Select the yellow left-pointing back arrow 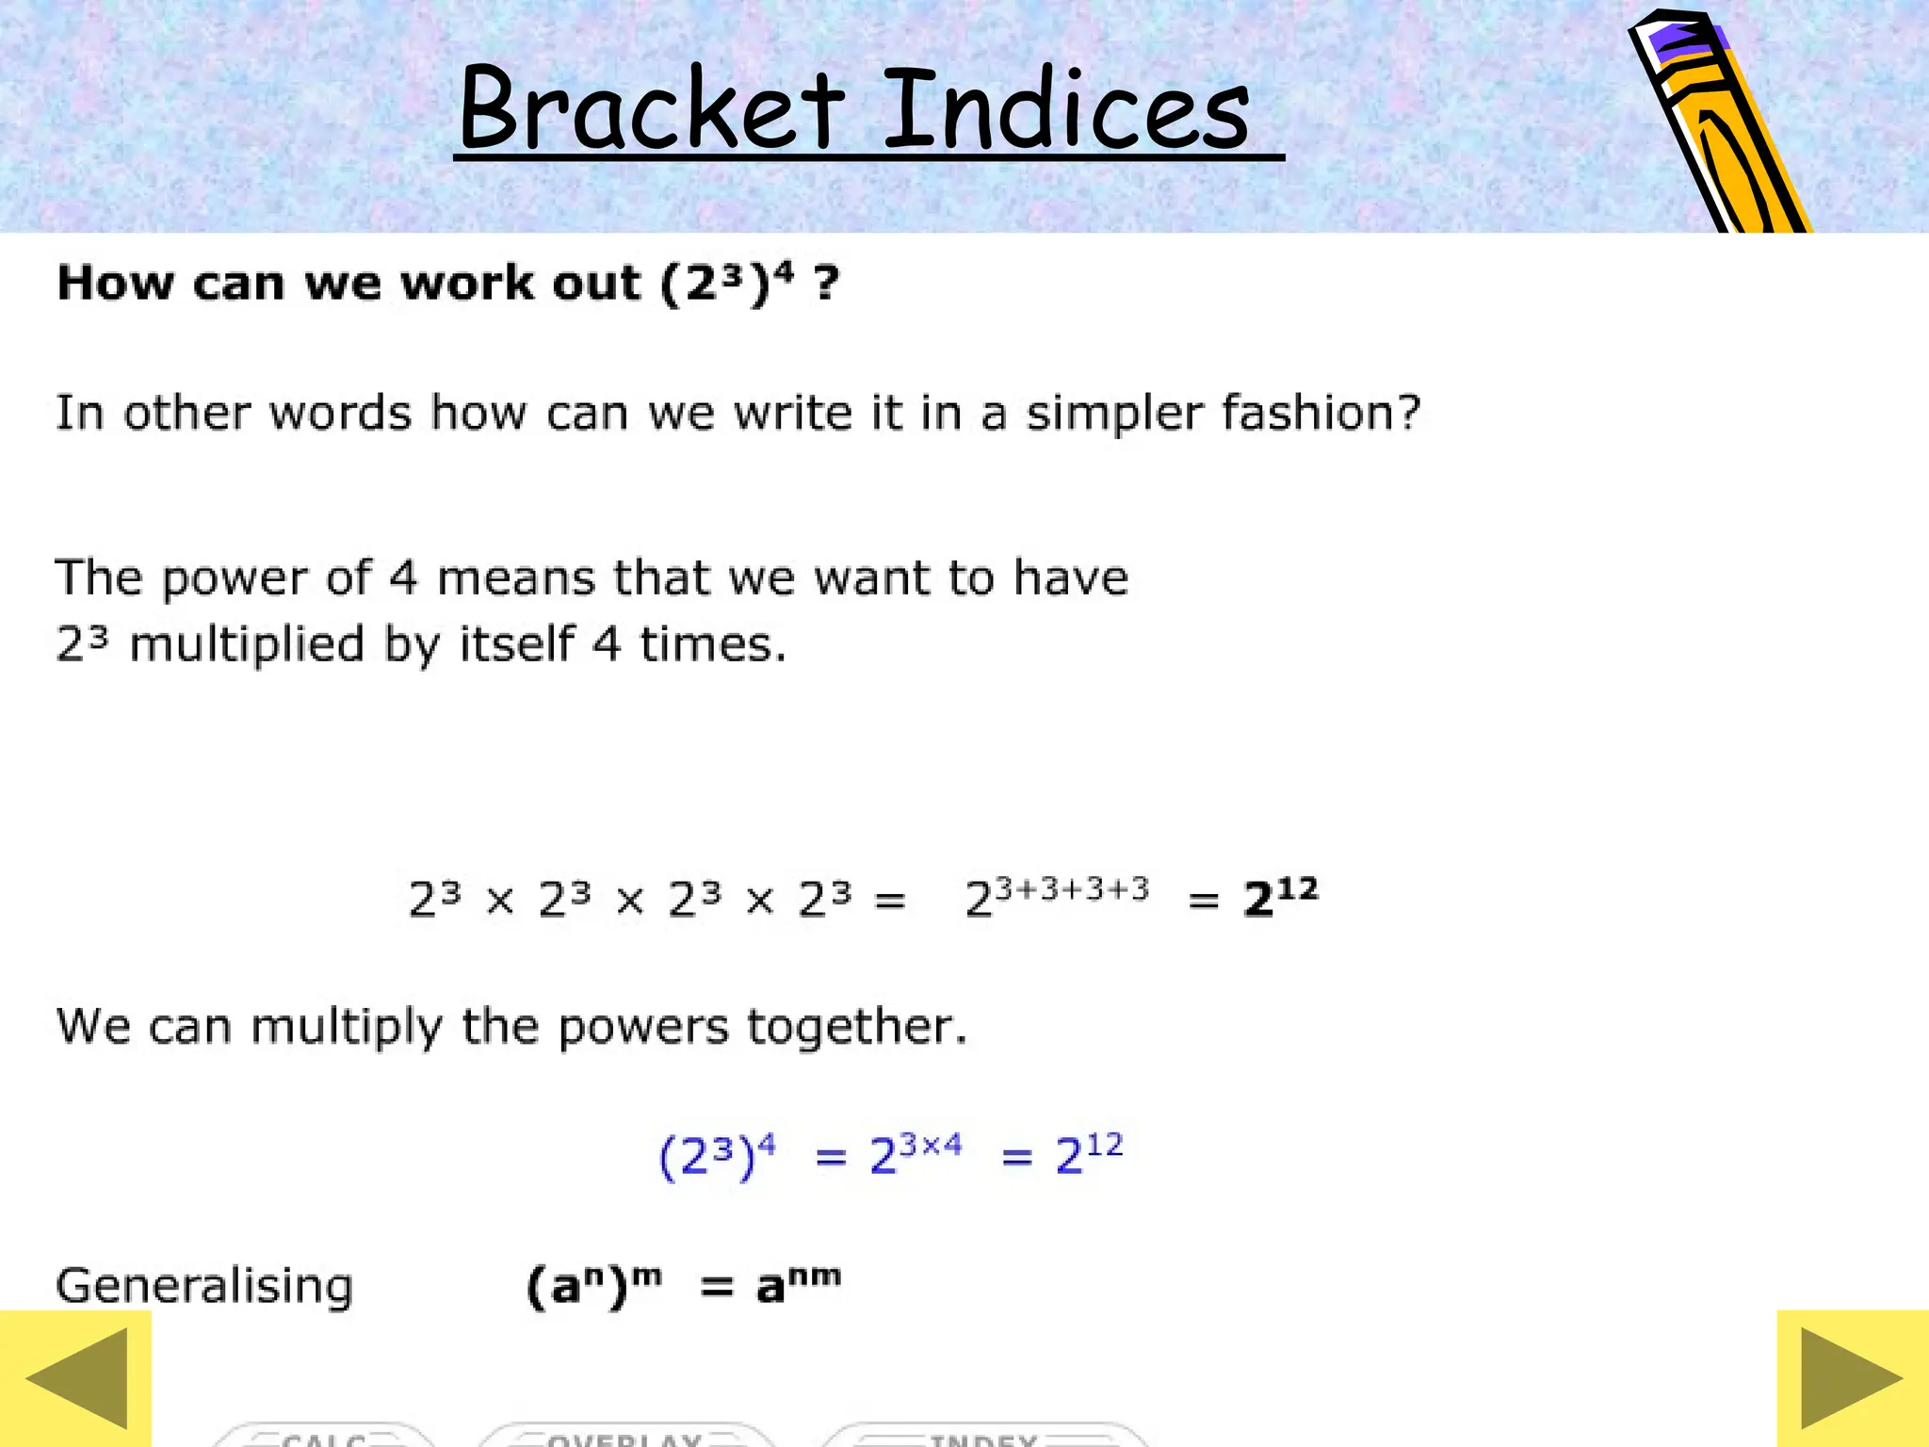pos(75,1378)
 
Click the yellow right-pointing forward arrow pos(1852,1378)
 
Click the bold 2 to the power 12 pos(1280,897)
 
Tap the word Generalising pos(204,1286)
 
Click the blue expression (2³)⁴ pos(717,1156)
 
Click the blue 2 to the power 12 pos(1089,1153)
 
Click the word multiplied pos(247,646)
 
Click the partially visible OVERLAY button pos(625,1437)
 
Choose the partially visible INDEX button pos(983,1437)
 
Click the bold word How pos(115,283)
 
